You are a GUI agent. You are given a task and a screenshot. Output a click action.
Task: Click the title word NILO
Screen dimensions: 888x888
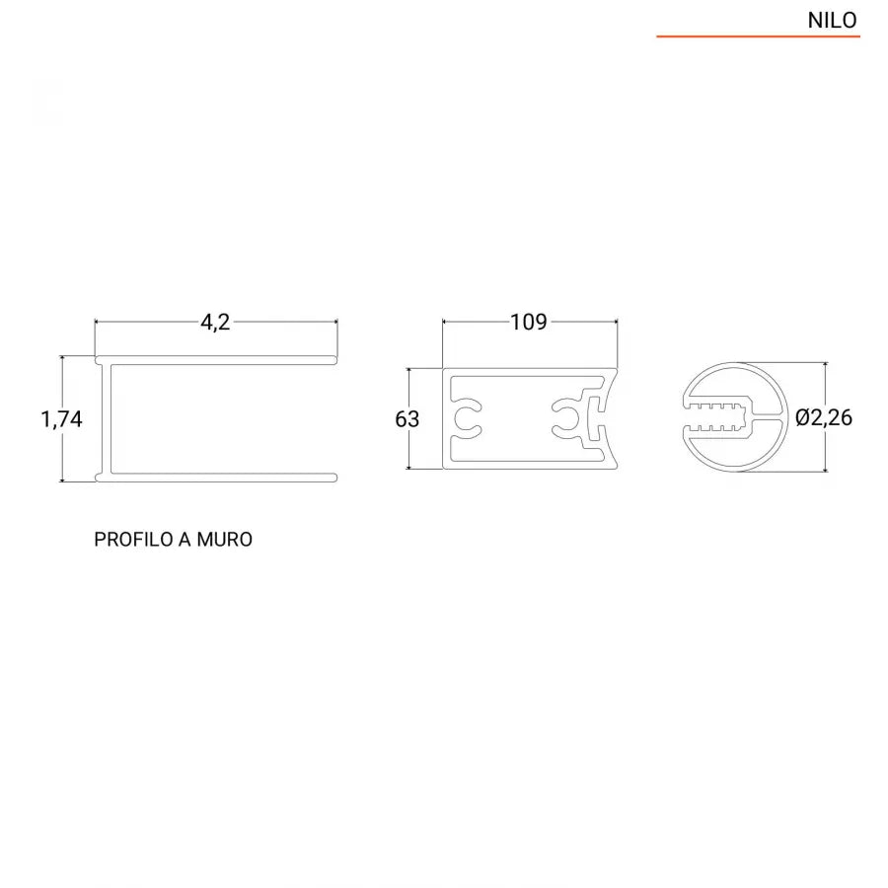click(832, 20)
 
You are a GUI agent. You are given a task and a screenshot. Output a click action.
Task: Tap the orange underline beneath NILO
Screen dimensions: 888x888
click(758, 37)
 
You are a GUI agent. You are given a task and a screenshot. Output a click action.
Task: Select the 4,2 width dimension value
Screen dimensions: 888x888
click(215, 323)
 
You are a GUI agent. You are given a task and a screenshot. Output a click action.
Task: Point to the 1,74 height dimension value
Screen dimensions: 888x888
click(61, 418)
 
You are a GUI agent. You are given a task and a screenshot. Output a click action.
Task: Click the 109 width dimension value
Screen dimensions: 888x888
click(529, 323)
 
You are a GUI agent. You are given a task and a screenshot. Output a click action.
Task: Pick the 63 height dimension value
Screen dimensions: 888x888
click(407, 418)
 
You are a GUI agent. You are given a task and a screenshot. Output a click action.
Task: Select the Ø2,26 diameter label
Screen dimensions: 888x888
click(824, 417)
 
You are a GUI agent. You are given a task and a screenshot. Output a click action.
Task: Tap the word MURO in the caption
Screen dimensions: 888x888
click(225, 540)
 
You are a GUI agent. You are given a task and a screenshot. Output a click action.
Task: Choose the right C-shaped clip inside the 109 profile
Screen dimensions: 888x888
click(567, 418)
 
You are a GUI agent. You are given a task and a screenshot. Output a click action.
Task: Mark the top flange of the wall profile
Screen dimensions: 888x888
click(217, 359)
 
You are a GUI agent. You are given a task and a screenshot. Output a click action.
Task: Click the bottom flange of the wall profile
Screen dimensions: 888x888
click(217, 478)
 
